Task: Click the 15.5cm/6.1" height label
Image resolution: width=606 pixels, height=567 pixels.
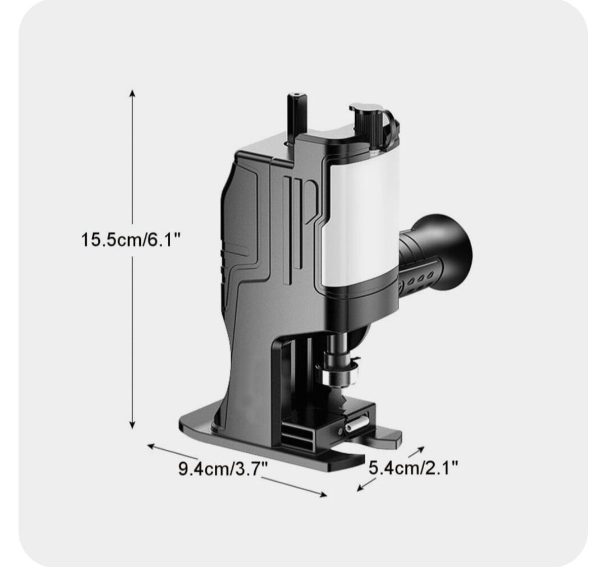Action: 131,239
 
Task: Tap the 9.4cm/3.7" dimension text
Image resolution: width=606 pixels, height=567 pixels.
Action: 223,468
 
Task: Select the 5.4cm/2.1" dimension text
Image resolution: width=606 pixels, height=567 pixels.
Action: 413,468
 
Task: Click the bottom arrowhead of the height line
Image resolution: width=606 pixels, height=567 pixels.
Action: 132,426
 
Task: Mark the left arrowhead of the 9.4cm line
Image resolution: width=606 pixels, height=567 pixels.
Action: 151,446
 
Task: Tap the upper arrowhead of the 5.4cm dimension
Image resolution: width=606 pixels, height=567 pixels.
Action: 421,449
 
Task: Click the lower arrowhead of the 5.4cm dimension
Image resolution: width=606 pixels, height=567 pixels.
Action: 360,488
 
